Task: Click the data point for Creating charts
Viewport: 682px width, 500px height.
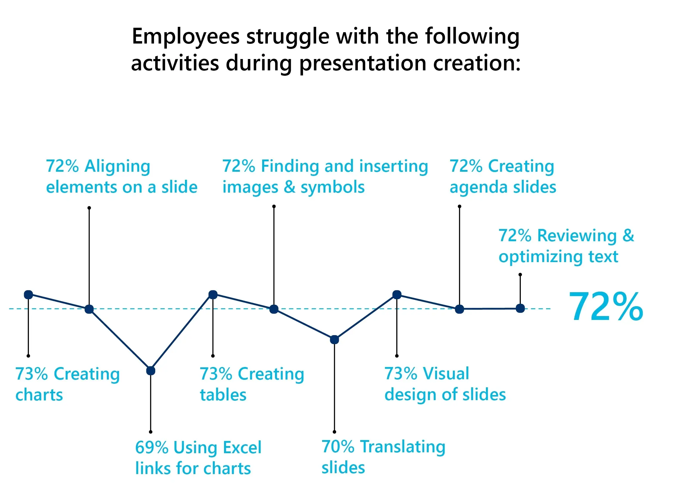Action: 28,295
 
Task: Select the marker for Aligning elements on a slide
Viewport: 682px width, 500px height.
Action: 89,309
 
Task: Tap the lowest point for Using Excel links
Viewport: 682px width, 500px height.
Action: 151,371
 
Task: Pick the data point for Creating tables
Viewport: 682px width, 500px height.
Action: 213,295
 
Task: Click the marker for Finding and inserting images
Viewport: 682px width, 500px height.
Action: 274,309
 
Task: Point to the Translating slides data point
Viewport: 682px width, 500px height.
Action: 334,340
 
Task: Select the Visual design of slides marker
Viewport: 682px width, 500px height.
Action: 397,295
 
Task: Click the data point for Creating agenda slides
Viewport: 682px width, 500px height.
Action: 459,309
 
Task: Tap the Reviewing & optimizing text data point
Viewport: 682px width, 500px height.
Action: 520,308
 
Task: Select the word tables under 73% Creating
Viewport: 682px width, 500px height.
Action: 223,395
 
